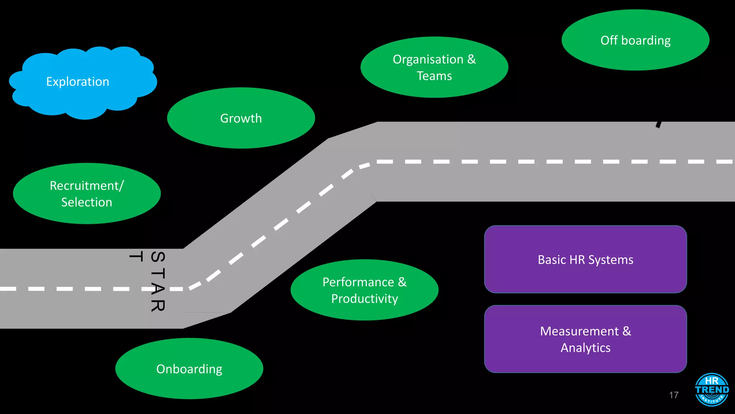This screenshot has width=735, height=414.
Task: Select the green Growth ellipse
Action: [x=241, y=118]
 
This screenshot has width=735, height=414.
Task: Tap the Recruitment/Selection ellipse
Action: [x=86, y=194]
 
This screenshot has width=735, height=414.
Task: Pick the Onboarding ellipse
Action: [x=189, y=369]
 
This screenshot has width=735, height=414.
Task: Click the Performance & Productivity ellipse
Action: [x=364, y=290]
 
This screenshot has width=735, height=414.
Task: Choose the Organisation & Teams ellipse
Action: [x=434, y=67]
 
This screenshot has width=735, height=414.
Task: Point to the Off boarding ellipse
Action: [x=635, y=40]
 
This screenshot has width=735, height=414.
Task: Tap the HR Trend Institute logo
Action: [x=712, y=390]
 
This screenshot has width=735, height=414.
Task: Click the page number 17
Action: [x=674, y=395]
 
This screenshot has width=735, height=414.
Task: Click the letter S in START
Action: [x=158, y=257]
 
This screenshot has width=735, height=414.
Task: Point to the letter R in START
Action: [x=158, y=305]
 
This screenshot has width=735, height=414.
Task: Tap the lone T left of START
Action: [x=136, y=256]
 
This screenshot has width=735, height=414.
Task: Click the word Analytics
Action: [x=585, y=348]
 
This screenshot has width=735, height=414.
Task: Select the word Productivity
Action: [x=364, y=299]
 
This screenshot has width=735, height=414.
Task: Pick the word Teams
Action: [x=434, y=76]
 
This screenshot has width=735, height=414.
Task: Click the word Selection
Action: [x=86, y=202]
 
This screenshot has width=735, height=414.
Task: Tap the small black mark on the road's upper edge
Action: [x=659, y=124]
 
